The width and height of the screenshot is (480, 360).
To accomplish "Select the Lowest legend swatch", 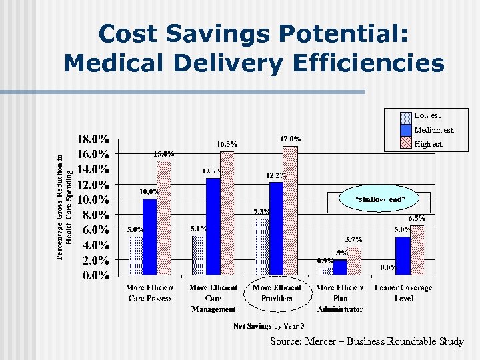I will tap(405, 115).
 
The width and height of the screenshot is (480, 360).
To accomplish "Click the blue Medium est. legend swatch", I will tap(405, 129).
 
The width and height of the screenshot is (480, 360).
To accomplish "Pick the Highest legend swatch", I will tap(405, 143).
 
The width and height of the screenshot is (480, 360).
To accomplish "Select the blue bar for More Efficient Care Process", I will tap(150, 236).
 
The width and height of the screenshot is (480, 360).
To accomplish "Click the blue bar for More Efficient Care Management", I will tap(213, 226).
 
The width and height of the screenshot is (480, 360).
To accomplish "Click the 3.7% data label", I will tap(353, 239).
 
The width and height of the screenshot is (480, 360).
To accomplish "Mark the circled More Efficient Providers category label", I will tap(277, 293).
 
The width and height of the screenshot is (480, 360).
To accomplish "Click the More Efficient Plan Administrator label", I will tap(340, 298).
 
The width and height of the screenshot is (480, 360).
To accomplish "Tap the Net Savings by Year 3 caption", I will tap(269, 326).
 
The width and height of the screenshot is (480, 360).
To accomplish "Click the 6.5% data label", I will tap(417, 218).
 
